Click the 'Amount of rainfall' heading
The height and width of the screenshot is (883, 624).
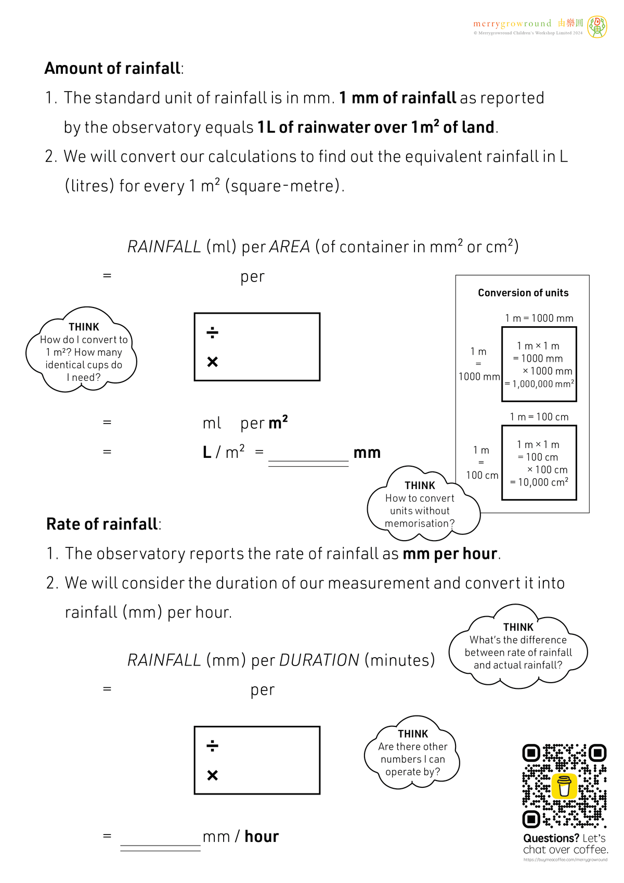(112, 69)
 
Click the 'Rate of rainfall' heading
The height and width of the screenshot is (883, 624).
(102, 524)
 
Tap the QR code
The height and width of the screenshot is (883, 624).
(564, 786)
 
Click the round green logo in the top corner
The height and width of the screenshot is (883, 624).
(597, 26)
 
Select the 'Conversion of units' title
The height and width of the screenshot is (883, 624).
(523, 293)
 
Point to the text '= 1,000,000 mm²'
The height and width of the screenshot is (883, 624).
(539, 384)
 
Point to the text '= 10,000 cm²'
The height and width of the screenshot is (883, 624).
(539, 482)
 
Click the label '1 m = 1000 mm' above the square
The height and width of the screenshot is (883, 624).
(539, 318)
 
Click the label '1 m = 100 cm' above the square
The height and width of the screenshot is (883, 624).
(539, 417)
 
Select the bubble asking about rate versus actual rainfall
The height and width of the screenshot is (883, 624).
(518, 647)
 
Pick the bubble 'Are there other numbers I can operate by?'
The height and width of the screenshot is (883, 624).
(412, 753)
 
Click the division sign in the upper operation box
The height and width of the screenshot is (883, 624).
(212, 332)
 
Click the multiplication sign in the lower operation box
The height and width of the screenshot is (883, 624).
(212, 775)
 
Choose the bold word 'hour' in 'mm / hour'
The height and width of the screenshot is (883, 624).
(262, 837)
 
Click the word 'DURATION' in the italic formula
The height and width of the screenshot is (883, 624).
(319, 660)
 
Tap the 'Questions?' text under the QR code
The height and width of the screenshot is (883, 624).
(551, 838)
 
